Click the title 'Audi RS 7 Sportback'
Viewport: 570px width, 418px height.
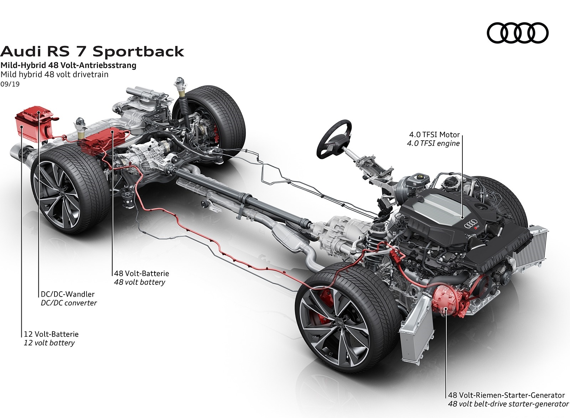pos(92,51)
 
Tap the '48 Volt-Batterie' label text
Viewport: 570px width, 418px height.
pos(141,273)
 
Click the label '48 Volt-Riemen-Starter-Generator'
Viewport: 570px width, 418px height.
pos(506,395)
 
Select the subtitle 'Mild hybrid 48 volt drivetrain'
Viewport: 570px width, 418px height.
pos(54,74)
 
